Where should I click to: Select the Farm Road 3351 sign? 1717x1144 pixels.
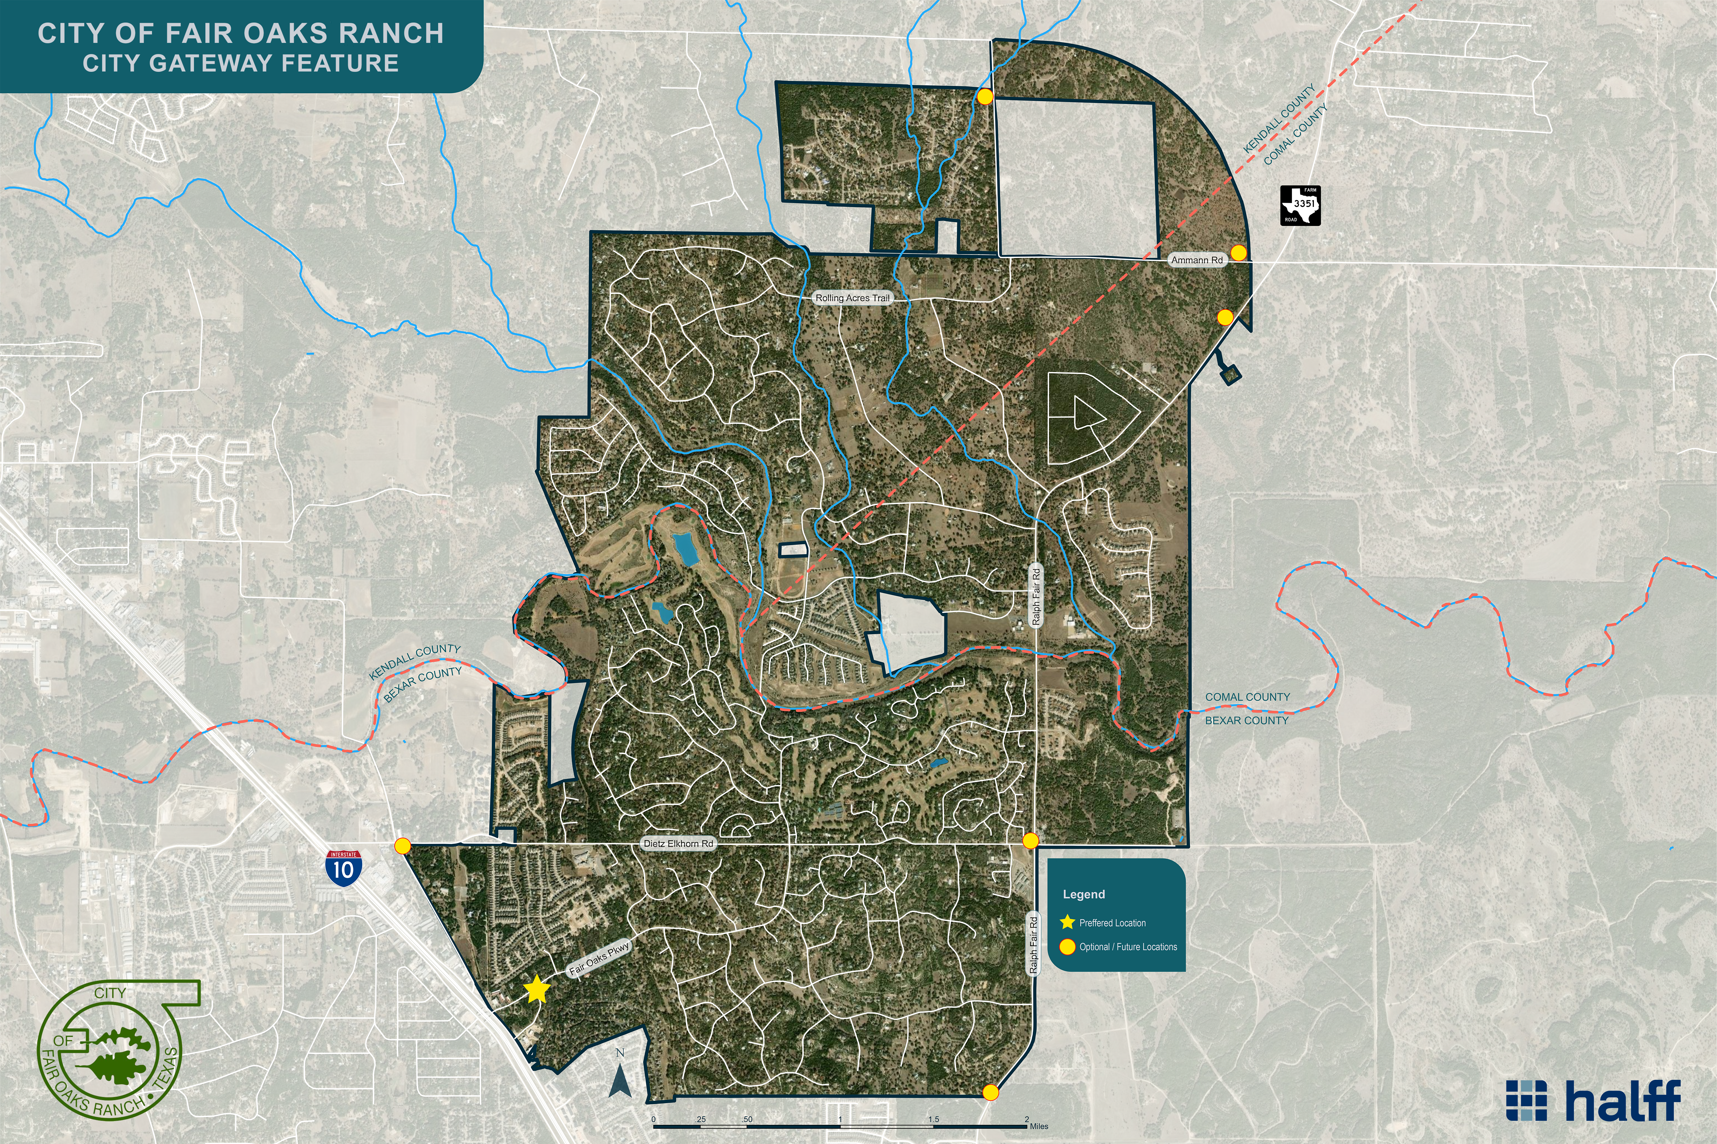pyautogui.click(x=1300, y=206)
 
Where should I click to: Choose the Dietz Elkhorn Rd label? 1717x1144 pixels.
pyautogui.click(x=678, y=843)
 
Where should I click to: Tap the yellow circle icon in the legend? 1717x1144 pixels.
pyautogui.click(x=1067, y=947)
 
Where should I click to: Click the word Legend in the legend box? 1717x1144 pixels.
pyautogui.click(x=1083, y=895)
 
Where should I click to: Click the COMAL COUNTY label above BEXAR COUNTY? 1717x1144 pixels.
pyautogui.click(x=1247, y=697)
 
